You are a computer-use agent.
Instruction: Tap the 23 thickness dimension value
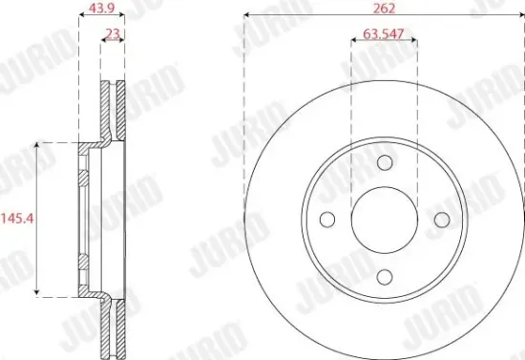[x=113, y=34]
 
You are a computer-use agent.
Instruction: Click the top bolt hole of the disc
[x=384, y=162]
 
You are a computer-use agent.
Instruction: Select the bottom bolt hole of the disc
[x=384, y=277]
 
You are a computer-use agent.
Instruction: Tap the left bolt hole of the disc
[x=326, y=220]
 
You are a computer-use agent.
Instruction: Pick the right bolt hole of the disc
[x=441, y=220]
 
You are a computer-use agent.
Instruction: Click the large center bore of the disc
[x=384, y=220]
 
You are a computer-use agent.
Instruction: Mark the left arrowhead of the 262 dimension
[x=247, y=16]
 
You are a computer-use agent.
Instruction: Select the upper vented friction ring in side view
[x=114, y=110]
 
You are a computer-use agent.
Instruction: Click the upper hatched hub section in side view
[x=84, y=178]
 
